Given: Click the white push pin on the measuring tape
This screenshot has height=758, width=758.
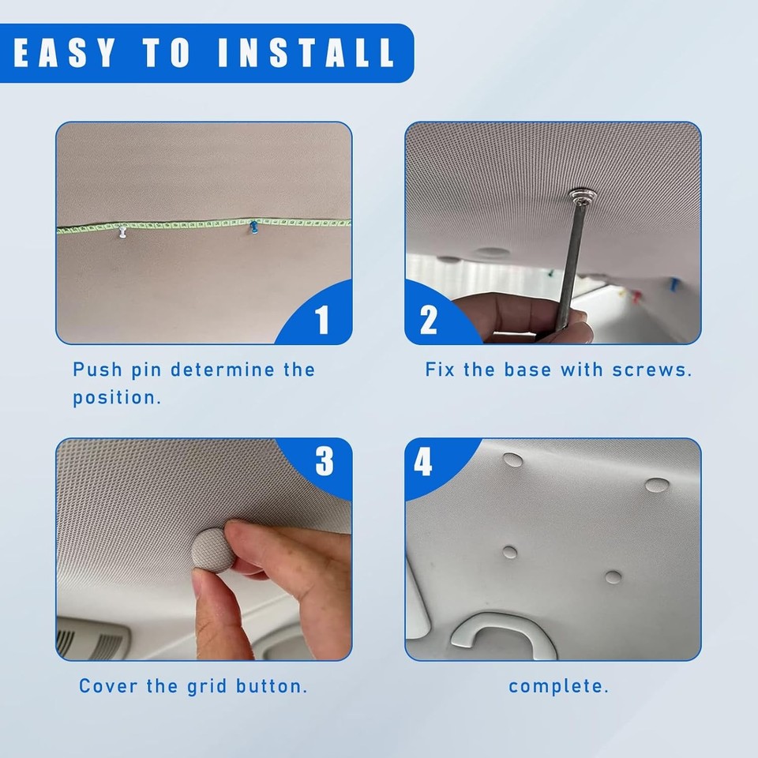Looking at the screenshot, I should click(x=122, y=233).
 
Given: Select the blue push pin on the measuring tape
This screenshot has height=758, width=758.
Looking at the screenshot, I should click(x=254, y=228).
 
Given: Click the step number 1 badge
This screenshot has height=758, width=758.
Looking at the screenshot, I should click(x=322, y=321).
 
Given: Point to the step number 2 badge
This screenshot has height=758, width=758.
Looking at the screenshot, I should click(x=429, y=320).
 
